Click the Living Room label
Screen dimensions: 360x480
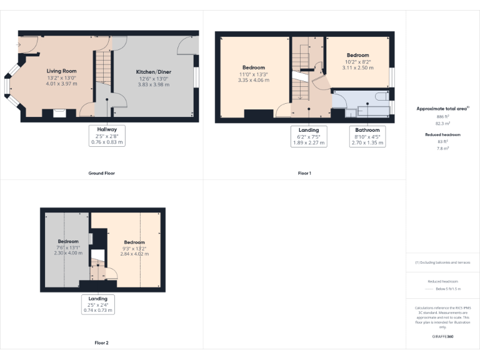(x=61, y=71)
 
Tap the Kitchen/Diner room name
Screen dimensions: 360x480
(x=154, y=72)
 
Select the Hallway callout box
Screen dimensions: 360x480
(x=106, y=136)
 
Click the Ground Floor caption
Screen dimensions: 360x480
(x=101, y=172)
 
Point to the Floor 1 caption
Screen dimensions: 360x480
(x=304, y=172)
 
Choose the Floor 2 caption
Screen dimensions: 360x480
(x=101, y=342)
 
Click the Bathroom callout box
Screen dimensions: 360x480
(x=367, y=136)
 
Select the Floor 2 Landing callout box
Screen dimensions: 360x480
(x=98, y=304)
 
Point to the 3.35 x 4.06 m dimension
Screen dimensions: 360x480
(x=254, y=80)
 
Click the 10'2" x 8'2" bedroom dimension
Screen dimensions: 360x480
(x=358, y=61)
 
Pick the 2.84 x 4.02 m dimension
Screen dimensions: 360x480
(x=134, y=254)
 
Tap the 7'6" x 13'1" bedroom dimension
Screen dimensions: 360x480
(x=68, y=247)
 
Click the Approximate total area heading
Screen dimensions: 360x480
(x=442, y=109)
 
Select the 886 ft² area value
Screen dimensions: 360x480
(x=442, y=117)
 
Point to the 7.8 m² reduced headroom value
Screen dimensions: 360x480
(x=442, y=147)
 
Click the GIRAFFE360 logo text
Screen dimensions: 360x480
(x=442, y=337)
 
